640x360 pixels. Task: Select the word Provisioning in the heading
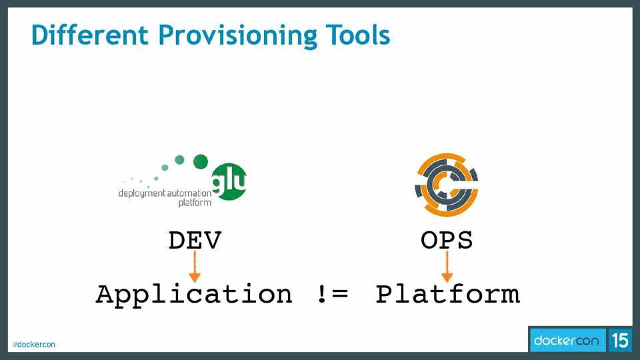tap(237, 36)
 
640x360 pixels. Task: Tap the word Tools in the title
tap(358, 35)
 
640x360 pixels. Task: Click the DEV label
tap(195, 240)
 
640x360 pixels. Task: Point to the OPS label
tap(447, 240)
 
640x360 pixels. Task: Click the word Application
tap(194, 295)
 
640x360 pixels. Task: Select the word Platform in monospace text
tap(448, 294)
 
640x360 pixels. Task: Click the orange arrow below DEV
tap(195, 266)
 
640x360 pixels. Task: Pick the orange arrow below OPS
tap(447, 266)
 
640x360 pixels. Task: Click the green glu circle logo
tap(229, 181)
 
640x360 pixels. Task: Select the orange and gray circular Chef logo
tap(447, 185)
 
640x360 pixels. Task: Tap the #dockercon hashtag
tap(34, 345)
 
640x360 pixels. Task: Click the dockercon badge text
tap(566, 340)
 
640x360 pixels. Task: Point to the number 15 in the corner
tap(620, 340)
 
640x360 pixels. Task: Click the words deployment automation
tap(165, 193)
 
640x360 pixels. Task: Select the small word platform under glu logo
tap(195, 203)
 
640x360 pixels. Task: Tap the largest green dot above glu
tap(201, 161)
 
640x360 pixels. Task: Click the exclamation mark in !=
tap(322, 294)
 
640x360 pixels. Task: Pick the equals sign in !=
tap(340, 294)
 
